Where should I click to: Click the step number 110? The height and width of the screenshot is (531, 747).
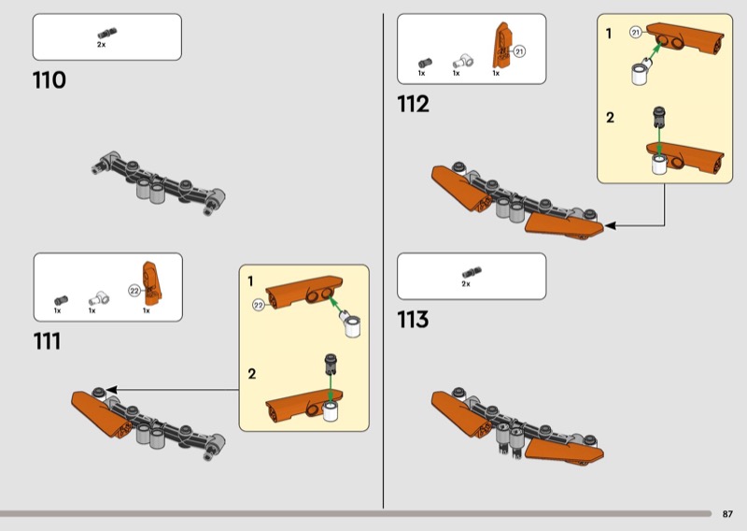[x=49, y=80]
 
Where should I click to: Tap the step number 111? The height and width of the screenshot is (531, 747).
[x=48, y=341]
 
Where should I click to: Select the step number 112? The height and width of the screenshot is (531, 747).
[x=413, y=104]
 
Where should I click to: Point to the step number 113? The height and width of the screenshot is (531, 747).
[x=413, y=320]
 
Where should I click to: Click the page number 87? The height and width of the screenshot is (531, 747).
[x=727, y=514]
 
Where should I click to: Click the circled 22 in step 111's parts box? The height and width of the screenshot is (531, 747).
[x=134, y=291]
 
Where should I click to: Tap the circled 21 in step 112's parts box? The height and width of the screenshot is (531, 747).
[x=519, y=51]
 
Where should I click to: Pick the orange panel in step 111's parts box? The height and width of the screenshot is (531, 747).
[x=151, y=283]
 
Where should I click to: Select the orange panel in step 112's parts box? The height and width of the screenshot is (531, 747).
[x=502, y=45]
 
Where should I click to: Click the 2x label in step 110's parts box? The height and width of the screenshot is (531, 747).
[x=102, y=44]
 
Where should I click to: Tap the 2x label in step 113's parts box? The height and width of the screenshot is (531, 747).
[x=466, y=284]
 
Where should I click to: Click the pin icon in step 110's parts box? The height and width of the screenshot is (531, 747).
[x=107, y=33]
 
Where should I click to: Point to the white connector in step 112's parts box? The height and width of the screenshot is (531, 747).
[x=462, y=61]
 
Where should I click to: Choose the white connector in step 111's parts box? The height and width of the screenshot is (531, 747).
[x=99, y=298]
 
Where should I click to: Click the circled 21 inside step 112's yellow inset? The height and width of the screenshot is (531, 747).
[x=636, y=33]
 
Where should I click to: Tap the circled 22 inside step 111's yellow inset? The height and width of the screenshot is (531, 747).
[x=259, y=305]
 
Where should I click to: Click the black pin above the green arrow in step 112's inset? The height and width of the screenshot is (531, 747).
[x=659, y=117]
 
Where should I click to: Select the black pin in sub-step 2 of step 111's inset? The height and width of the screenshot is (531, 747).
[x=331, y=364]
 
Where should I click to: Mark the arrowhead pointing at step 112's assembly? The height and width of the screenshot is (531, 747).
[x=610, y=225]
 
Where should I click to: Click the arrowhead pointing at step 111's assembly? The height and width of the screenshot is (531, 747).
[x=111, y=390]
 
